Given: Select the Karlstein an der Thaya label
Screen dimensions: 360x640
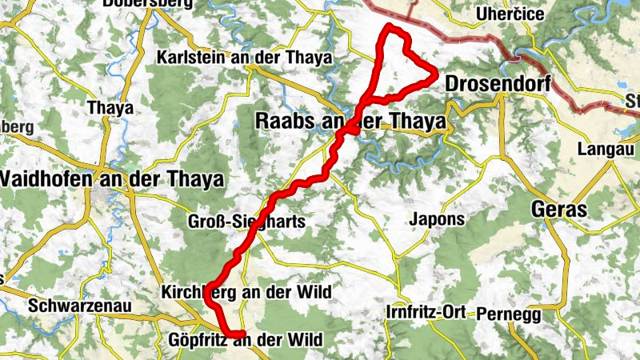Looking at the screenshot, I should pyautogui.click(x=244, y=58).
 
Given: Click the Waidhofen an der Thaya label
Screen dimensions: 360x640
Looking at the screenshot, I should pyautogui.click(x=111, y=178).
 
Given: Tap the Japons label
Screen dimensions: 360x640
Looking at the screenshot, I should pyautogui.click(x=435, y=218).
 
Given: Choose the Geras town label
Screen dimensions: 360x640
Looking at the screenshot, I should pyautogui.click(x=559, y=210).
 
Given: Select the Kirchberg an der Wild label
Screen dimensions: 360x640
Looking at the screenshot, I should pyautogui.click(x=246, y=291).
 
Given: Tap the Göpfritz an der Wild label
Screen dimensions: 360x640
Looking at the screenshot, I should pyautogui.click(x=246, y=341).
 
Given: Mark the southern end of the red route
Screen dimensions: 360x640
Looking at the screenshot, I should pyautogui.click(x=240, y=334).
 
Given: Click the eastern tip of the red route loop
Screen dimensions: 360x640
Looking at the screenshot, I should pyautogui.click(x=437, y=76).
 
